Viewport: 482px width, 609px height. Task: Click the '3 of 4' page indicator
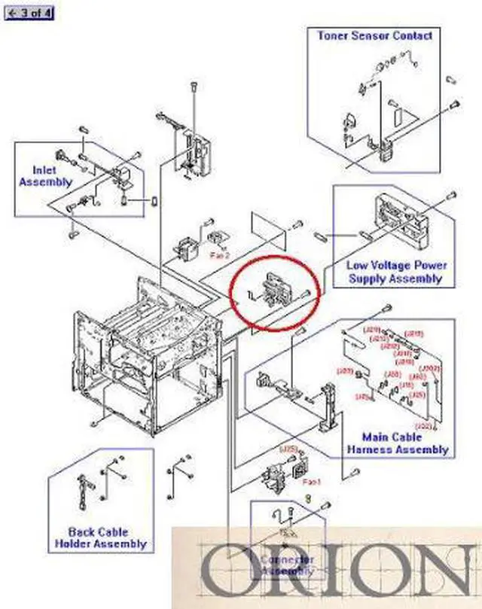coord(29,14)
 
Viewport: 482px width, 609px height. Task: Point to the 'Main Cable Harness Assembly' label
coord(397,443)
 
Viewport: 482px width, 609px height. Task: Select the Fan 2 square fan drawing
coord(185,248)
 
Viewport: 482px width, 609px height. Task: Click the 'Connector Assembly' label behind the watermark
coord(287,565)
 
